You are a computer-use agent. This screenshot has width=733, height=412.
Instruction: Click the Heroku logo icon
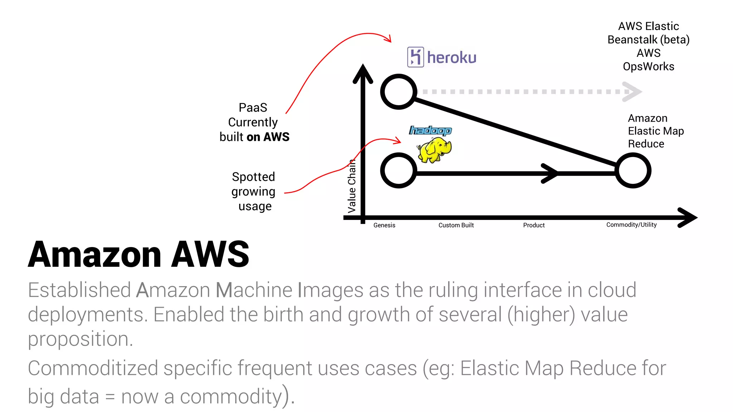pyautogui.click(x=416, y=57)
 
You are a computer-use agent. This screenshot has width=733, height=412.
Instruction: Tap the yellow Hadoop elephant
pyautogui.click(x=434, y=149)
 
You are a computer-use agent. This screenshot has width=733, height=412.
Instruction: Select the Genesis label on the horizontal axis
pyautogui.click(x=384, y=225)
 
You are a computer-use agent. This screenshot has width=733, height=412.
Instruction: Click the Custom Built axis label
pyautogui.click(x=456, y=225)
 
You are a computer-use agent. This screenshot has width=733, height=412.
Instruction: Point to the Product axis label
pyautogui.click(x=534, y=225)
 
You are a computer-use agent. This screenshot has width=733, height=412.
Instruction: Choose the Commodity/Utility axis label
pyautogui.click(x=631, y=225)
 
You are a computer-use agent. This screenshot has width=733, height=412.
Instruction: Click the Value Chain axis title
pyautogui.click(x=352, y=186)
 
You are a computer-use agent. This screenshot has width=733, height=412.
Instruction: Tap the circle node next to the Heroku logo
pyautogui.click(x=398, y=92)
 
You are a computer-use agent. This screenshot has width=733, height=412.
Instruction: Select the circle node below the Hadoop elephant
pyautogui.click(x=398, y=170)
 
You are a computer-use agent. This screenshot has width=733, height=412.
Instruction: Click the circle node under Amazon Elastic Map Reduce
pyautogui.click(x=633, y=170)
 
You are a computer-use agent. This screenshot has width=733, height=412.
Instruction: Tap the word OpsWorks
pyautogui.click(x=648, y=67)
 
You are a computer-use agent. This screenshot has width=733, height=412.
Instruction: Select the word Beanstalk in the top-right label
pyautogui.click(x=632, y=39)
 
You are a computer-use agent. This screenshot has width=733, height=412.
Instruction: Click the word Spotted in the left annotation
pyautogui.click(x=253, y=177)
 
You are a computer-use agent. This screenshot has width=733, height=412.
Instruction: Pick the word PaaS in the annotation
pyautogui.click(x=253, y=107)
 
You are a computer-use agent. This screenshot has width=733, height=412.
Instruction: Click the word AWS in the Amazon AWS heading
pyautogui.click(x=210, y=254)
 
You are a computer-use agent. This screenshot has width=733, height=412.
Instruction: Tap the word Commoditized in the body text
pyautogui.click(x=93, y=368)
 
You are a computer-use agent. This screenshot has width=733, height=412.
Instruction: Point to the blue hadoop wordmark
pyautogui.click(x=430, y=131)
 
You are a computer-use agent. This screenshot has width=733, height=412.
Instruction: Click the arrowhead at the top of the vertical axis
pyautogui.click(x=363, y=73)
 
